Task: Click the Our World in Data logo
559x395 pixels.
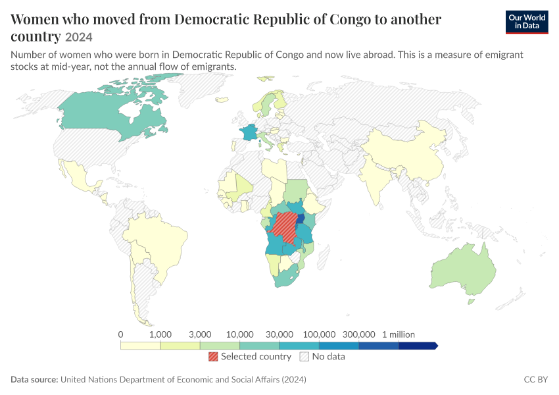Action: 527,22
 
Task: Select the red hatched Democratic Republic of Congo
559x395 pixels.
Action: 283,227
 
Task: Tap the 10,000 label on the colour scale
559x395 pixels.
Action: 239,334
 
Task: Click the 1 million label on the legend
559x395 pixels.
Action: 399,334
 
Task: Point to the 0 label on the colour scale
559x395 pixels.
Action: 120,334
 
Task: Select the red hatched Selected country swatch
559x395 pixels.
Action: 213,356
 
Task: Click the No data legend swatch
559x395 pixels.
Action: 304,356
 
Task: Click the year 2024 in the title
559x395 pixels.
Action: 79,37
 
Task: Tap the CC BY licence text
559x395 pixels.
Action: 536,379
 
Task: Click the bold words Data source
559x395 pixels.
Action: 34,379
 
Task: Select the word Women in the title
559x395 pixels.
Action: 35,19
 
